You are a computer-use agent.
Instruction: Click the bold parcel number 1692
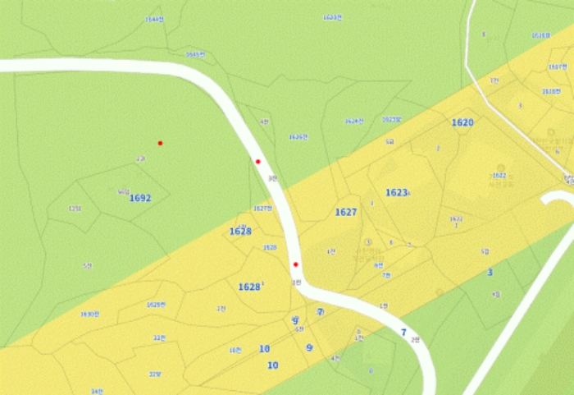tap(140, 198)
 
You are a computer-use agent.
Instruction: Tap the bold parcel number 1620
tap(462, 122)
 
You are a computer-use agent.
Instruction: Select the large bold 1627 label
tap(346, 212)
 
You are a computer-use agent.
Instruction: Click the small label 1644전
tap(153, 19)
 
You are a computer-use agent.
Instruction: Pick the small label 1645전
tap(194, 54)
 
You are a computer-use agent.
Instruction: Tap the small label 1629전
tap(156, 304)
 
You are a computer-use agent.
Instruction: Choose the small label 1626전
tap(298, 136)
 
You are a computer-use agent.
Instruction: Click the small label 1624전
tap(354, 121)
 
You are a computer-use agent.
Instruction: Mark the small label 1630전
tap(89, 314)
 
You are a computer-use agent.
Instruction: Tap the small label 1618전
tap(551, 91)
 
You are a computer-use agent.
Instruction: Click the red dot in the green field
tap(160, 143)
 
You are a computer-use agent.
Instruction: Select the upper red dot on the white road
tap(257, 162)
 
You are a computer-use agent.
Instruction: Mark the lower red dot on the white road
tap(295, 264)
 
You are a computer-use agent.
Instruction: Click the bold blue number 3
tap(490, 272)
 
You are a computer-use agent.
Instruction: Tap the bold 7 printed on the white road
tap(403, 332)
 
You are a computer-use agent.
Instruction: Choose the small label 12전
tap(75, 209)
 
